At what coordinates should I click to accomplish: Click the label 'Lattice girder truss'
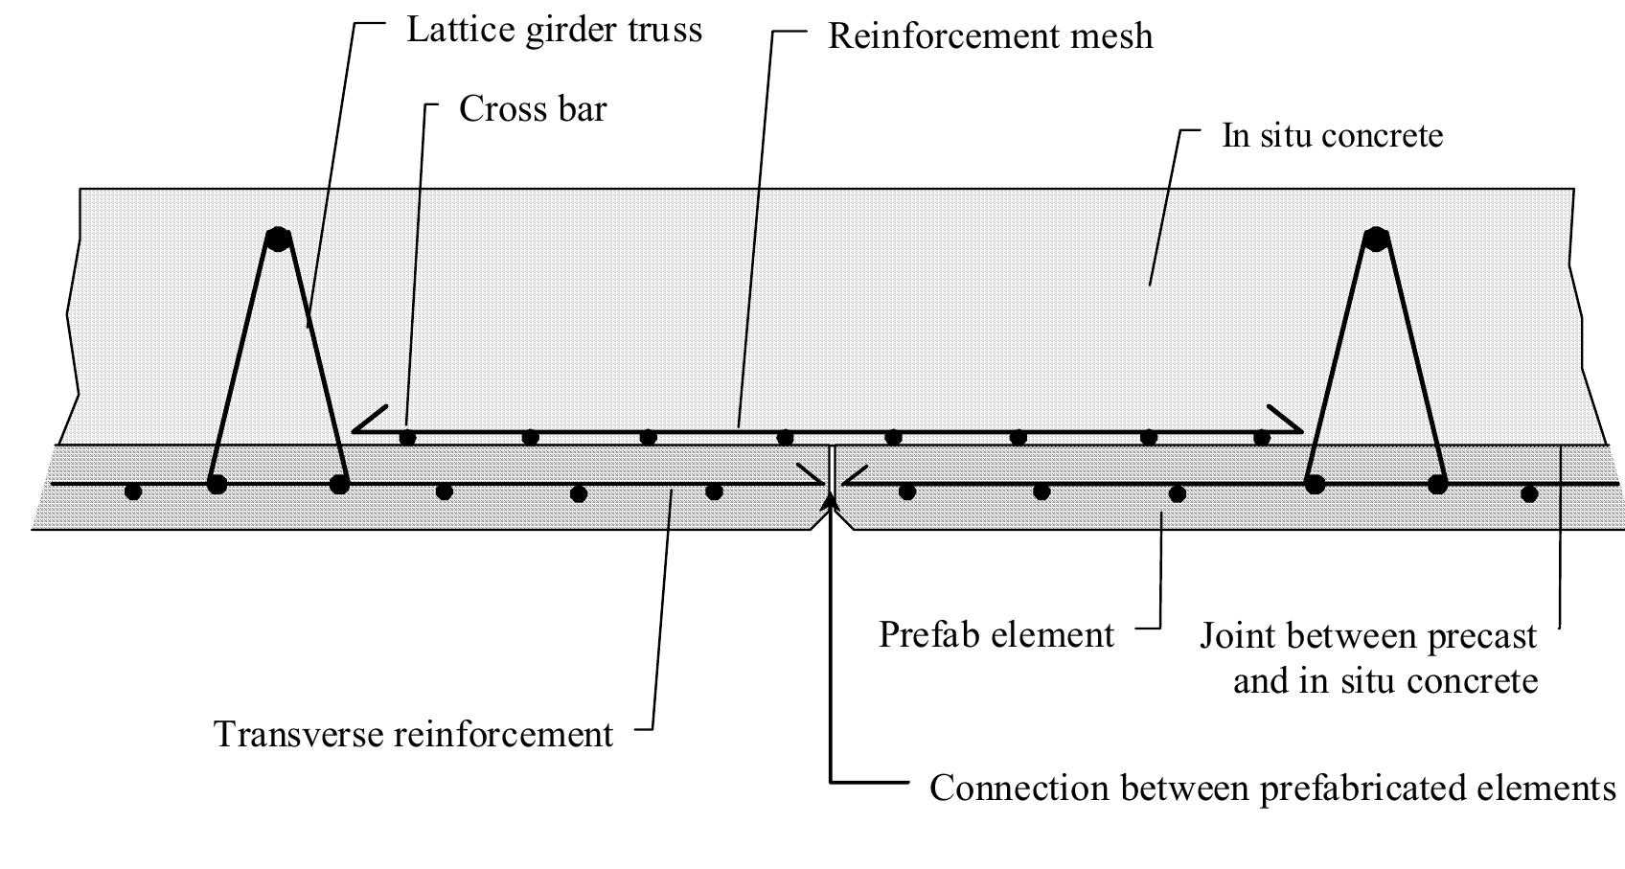(x=554, y=30)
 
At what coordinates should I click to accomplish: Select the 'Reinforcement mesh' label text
(x=990, y=36)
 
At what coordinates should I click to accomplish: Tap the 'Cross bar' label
(x=533, y=109)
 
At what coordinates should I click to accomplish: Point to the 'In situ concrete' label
(x=1332, y=135)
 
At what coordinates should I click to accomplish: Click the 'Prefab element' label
(x=996, y=635)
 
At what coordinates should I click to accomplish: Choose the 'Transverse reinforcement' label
(x=413, y=735)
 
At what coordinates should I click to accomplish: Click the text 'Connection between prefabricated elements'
(x=1272, y=789)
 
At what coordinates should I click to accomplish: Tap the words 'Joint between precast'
(x=1368, y=636)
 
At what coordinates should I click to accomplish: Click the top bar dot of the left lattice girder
(x=278, y=239)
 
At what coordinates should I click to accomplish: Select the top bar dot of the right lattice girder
(x=1376, y=239)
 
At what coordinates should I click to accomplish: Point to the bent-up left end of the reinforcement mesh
(x=369, y=419)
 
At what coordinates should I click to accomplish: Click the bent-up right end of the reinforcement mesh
(x=1285, y=419)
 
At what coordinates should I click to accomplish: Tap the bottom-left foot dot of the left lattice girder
(x=217, y=484)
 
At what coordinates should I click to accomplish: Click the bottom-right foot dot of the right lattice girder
(x=1437, y=485)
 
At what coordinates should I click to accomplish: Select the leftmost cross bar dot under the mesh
(x=407, y=438)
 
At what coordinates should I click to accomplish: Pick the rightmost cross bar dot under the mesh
(x=1262, y=438)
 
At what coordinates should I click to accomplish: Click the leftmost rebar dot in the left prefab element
(x=133, y=492)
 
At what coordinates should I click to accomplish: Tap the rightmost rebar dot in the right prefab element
(x=1529, y=494)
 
